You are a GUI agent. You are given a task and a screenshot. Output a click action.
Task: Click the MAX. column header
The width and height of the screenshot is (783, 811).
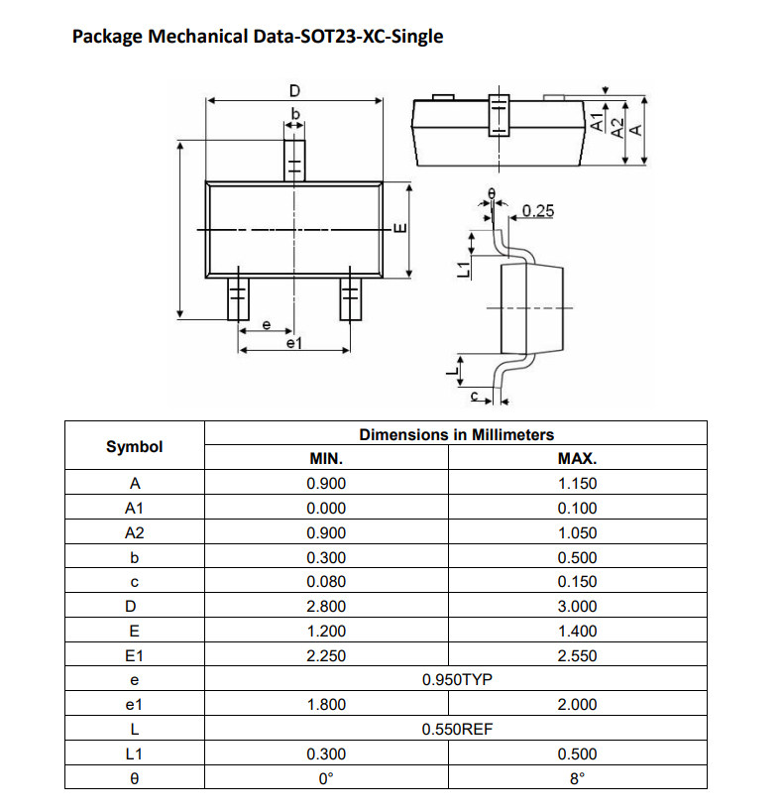pos(577,458)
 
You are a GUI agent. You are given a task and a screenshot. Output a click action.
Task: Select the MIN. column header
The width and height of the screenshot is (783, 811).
pos(326,458)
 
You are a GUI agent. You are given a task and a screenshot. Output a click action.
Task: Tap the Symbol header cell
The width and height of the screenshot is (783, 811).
pos(135,446)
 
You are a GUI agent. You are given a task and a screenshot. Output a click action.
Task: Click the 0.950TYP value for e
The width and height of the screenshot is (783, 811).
pos(457,679)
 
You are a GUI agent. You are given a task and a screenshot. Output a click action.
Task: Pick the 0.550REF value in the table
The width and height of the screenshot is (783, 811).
pos(457,729)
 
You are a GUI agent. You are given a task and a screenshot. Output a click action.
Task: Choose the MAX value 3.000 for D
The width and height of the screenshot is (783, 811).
pos(577,606)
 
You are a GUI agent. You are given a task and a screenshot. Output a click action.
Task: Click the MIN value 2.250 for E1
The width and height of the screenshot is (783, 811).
pos(326,655)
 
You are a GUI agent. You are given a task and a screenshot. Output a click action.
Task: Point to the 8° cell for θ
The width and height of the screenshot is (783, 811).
pos(577,778)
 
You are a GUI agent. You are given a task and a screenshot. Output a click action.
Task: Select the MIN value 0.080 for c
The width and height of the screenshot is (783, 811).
pos(326,581)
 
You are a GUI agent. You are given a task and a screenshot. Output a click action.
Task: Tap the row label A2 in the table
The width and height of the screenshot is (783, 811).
pos(135,532)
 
